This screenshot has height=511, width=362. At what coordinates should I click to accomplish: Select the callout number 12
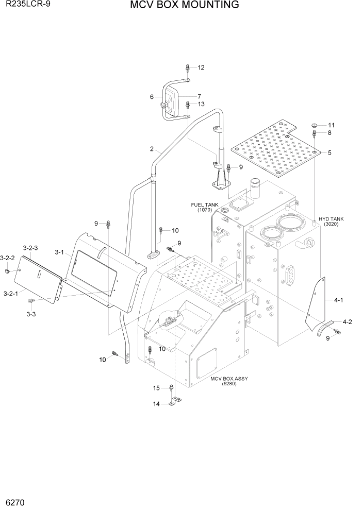[201, 67]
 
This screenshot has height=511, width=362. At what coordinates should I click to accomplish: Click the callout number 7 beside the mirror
[199, 96]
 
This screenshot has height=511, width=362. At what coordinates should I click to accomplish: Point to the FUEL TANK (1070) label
[205, 207]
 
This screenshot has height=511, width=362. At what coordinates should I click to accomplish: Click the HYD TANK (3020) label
[331, 222]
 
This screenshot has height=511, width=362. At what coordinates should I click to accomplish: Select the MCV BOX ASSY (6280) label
[229, 381]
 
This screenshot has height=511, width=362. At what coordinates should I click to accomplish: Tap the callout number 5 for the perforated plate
[329, 152]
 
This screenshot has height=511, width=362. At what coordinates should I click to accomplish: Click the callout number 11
[331, 125]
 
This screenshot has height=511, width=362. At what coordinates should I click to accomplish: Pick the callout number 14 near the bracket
[156, 404]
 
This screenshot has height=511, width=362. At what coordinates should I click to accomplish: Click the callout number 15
[156, 388]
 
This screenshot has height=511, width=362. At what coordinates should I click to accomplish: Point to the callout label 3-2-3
[30, 248]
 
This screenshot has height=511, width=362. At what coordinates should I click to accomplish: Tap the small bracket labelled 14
[174, 402]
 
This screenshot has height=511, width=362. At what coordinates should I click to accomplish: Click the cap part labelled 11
[315, 125]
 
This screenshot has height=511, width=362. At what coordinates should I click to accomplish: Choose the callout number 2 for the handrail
[152, 149]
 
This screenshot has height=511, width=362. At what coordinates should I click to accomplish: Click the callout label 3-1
[59, 252]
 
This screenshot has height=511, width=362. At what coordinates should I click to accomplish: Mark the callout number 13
[201, 104]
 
